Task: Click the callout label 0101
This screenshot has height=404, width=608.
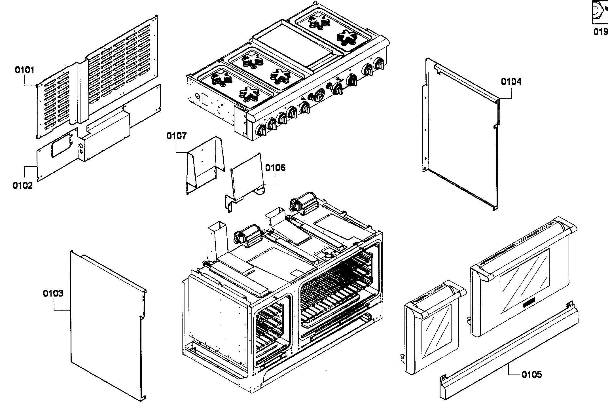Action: [24, 70]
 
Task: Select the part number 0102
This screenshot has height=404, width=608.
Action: [22, 186]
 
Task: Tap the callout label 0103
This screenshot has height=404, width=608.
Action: [53, 293]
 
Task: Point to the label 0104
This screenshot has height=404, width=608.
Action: [511, 82]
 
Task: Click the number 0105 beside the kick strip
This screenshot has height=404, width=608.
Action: [531, 375]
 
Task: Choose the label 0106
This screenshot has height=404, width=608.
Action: [275, 168]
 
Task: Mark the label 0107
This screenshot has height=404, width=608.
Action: [177, 136]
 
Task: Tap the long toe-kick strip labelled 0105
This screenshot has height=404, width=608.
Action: [510, 354]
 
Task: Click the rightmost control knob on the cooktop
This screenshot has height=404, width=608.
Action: [379, 63]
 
